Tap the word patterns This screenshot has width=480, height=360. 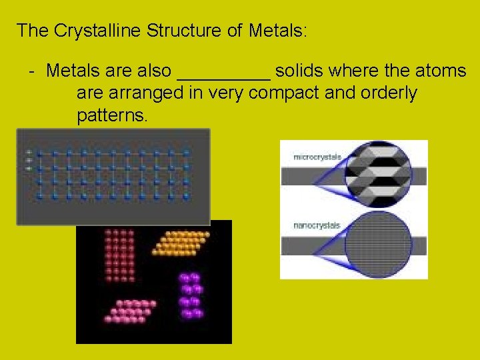[112, 116]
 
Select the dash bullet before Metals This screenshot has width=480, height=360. [31, 70]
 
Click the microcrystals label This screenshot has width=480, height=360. [317, 157]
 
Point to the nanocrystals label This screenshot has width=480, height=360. [317, 225]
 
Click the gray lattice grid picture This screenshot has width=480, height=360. [113, 177]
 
